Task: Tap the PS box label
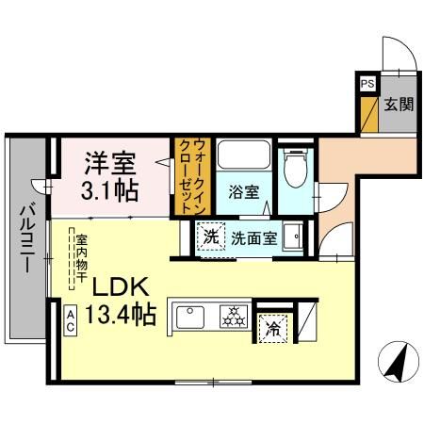point(365,83)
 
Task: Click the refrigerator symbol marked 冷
point(271,330)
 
